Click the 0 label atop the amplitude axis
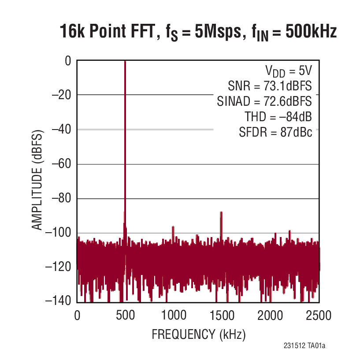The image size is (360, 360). pyautogui.click(x=68, y=61)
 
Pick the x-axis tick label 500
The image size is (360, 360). pyautogui.click(x=125, y=315)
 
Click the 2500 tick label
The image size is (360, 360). pyautogui.click(x=318, y=315)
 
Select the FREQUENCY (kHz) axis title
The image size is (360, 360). pyautogui.click(x=198, y=334)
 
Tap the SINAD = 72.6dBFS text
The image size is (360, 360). pyautogui.click(x=264, y=101)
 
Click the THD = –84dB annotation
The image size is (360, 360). pyautogui.click(x=278, y=117)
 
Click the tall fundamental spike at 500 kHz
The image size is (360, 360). pyautogui.click(x=125, y=132)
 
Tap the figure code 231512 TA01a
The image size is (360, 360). pyautogui.click(x=305, y=346)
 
